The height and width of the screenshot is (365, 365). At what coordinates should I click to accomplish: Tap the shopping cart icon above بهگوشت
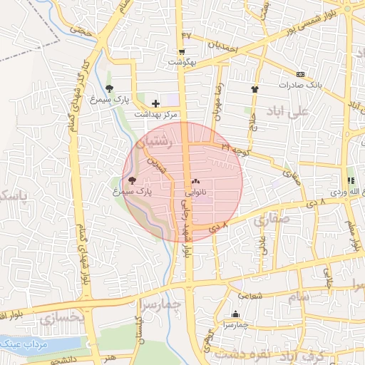pyautogui.click(x=182, y=51)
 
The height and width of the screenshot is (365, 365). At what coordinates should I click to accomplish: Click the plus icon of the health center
pyautogui.click(x=155, y=104)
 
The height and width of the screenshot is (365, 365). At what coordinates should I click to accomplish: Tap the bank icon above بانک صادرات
pyautogui.click(x=300, y=73)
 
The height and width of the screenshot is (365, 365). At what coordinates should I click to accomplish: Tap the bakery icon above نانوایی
pyautogui.click(x=195, y=182)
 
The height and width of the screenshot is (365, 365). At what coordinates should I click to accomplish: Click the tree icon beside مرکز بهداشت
pyautogui.click(x=109, y=88)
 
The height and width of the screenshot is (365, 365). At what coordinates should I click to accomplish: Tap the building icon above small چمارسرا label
pyautogui.click(x=236, y=314)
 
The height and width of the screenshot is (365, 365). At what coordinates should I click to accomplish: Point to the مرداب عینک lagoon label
pyautogui.click(x=21, y=344)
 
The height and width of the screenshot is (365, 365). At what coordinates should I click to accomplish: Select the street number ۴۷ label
pyautogui.click(x=187, y=35)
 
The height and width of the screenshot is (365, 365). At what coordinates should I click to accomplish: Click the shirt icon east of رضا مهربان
pyautogui.click(x=255, y=89)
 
